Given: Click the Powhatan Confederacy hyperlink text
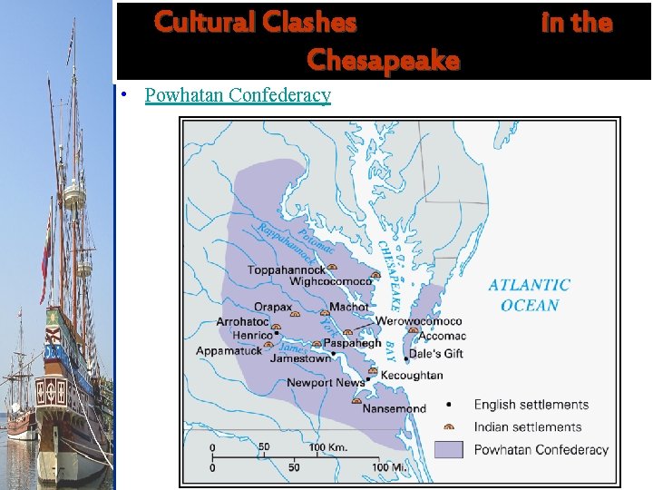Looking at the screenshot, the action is pos(238,95).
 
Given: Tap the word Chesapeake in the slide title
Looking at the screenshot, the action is pos(383,61).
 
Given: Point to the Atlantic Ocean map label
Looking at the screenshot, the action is pos(530,295).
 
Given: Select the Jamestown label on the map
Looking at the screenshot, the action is pos(301,358).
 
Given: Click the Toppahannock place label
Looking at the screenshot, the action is pos(287,269).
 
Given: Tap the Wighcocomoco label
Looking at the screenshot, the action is pos(331,281).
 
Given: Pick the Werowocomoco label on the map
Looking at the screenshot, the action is pos(419,321).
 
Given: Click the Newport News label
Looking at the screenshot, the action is pos(326,383).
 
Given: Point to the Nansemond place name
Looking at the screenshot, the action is pos(394,408).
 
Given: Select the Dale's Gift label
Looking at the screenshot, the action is pos(436,353).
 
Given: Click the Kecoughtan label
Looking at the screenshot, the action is pos(412,375).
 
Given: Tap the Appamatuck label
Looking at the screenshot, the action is pos(229,350).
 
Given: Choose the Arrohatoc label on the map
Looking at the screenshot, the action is pos(242,322).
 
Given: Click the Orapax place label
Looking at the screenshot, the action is pos(273,308).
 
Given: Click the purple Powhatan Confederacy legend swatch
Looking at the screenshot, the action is pos(449,449).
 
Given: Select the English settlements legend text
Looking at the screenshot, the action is pos(531,405).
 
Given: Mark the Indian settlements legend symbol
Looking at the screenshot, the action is pos(448,426).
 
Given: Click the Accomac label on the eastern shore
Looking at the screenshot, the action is pos(442,337).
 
